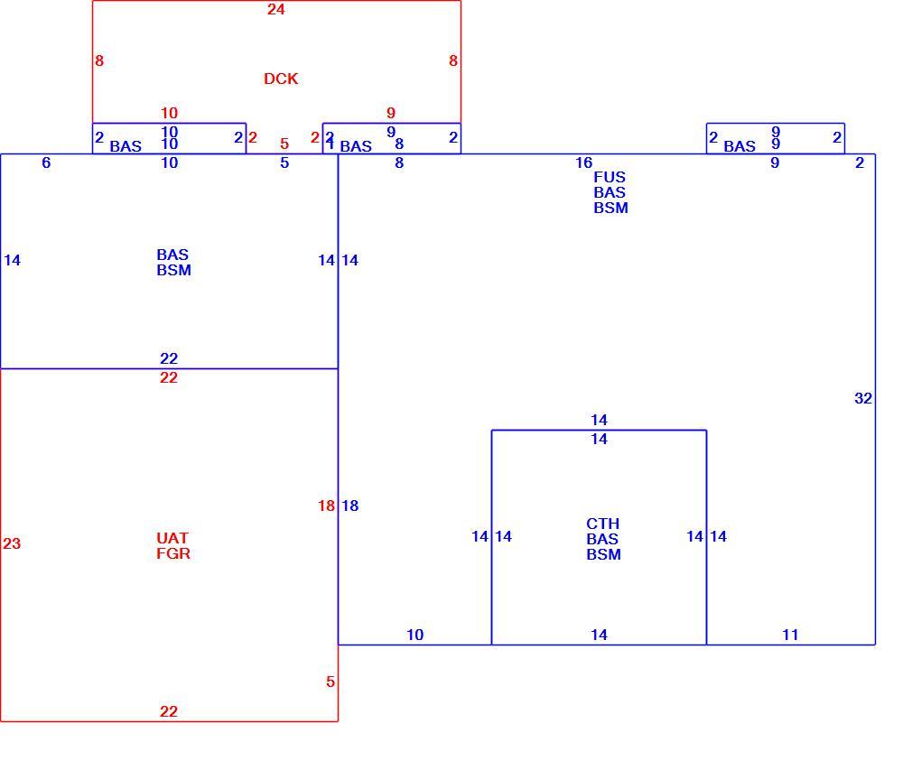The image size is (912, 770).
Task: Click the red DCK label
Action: point(281,79)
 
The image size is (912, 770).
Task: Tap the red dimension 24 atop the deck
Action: point(275,9)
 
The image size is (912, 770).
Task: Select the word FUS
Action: point(610,177)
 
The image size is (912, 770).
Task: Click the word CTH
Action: point(602,524)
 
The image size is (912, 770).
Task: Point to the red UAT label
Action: point(172,538)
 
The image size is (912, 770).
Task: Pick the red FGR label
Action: point(173,553)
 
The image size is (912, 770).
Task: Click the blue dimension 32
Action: point(863,398)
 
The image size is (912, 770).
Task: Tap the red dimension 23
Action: point(12,543)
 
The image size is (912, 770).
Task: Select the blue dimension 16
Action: point(584,162)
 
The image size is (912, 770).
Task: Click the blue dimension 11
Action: point(790,635)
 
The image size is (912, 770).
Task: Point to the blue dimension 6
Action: point(47,162)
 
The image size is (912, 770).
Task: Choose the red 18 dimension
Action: point(326,506)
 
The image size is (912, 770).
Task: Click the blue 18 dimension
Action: point(349,506)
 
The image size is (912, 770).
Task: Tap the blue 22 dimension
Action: point(169,358)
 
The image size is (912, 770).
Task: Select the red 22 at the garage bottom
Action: point(169,711)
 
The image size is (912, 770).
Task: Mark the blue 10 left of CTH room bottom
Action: point(414,635)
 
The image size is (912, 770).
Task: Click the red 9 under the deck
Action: point(391,113)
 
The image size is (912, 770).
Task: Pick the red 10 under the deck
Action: point(169,113)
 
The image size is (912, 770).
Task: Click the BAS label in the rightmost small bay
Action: point(740,146)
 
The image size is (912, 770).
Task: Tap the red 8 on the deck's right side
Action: point(453,60)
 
